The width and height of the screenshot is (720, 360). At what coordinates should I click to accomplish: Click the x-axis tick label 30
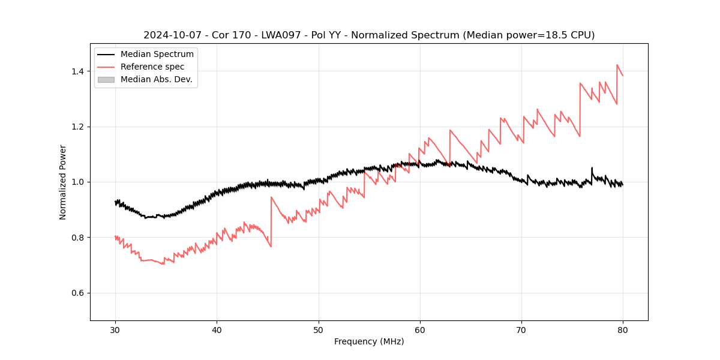coord(115,329)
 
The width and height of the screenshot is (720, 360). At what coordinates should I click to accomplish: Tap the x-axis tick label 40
coord(217,329)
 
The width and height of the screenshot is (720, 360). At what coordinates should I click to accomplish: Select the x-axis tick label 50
coord(318,329)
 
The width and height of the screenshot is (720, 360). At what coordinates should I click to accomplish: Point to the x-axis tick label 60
coord(419,329)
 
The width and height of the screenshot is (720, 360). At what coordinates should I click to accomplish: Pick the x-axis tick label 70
coord(521,329)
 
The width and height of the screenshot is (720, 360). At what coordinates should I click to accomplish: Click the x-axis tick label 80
coord(622,329)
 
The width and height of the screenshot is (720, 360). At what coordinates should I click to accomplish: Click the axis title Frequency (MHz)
coord(369,341)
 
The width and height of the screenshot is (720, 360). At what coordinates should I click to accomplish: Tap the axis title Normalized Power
coord(63,182)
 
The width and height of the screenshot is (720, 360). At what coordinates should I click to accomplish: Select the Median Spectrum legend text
coord(157,55)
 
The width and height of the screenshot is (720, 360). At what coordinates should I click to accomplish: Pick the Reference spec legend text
coord(152,67)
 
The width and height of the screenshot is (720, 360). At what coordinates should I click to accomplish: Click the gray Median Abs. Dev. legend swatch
coord(106,79)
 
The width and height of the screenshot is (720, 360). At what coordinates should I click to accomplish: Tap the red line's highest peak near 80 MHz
coord(617,65)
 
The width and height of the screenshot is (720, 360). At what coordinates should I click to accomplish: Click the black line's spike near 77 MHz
coord(592,168)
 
